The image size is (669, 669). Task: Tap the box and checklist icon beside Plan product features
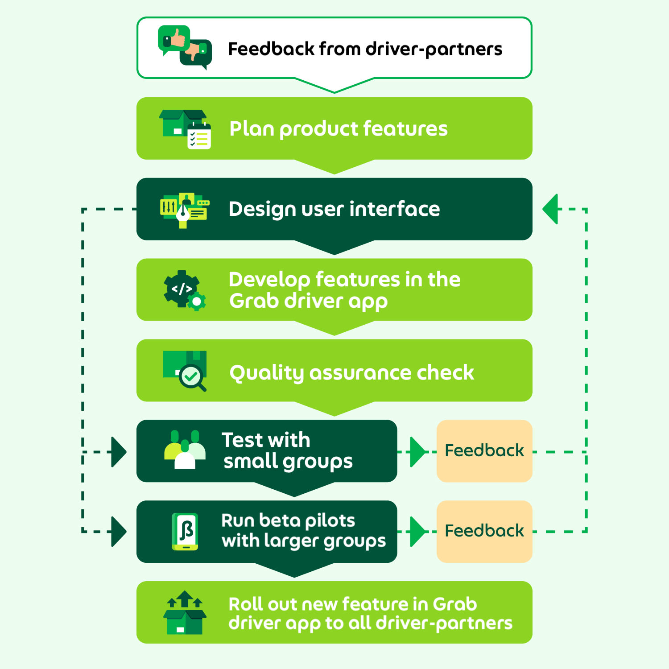click(x=185, y=129)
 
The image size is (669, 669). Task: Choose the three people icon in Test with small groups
click(x=185, y=450)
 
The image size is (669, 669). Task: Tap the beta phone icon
click(x=185, y=532)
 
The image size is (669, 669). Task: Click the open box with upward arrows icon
click(x=185, y=612)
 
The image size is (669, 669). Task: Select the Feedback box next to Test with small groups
click(x=484, y=451)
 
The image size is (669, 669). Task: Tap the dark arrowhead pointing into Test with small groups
click(x=119, y=452)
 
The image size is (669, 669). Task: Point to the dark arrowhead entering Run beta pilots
click(x=119, y=532)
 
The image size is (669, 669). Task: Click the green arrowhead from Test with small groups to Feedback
click(x=418, y=452)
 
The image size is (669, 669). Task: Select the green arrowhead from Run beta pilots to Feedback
click(x=418, y=532)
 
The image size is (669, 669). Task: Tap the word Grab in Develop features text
click(x=254, y=301)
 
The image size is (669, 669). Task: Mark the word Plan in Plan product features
click(x=252, y=128)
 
